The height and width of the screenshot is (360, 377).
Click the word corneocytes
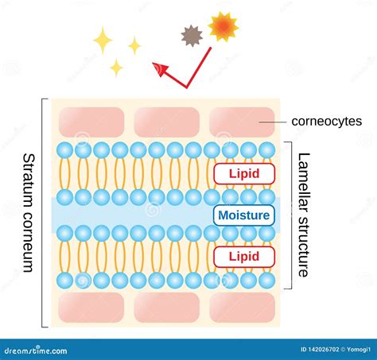327,122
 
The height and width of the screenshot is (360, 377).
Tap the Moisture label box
244,215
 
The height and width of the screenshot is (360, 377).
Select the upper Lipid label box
244,174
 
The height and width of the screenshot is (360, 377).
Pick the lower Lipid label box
244,257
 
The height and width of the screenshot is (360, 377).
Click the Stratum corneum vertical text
29,213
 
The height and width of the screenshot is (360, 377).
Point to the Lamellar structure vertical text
304,215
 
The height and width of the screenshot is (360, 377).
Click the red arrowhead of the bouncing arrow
160,69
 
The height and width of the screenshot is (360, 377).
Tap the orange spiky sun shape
223,27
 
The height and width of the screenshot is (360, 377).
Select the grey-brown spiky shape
192,36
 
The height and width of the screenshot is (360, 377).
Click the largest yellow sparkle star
103,41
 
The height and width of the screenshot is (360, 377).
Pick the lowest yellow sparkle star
116,68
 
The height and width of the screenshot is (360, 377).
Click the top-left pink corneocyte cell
91,122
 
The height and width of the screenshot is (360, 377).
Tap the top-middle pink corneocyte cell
167,122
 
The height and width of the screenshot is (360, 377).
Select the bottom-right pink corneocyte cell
242,308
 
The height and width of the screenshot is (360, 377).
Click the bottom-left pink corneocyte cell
91,308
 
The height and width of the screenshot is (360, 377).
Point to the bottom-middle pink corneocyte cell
167,308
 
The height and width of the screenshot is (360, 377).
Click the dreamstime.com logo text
36,350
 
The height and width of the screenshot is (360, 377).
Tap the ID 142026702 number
320,350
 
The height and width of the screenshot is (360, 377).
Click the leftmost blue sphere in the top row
65,150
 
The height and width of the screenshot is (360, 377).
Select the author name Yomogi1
359,350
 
